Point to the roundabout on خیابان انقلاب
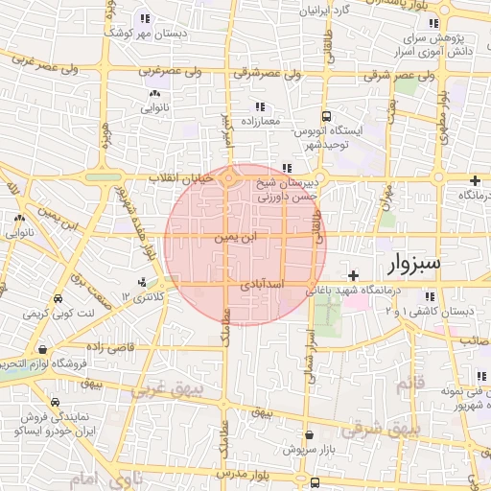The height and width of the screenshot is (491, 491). tap(229, 177)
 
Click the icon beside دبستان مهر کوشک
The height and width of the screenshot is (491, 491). tap(146, 17)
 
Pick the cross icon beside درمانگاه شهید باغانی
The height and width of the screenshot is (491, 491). tap(354, 275)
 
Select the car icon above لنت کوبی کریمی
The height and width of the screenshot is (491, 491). tap(58, 298)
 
